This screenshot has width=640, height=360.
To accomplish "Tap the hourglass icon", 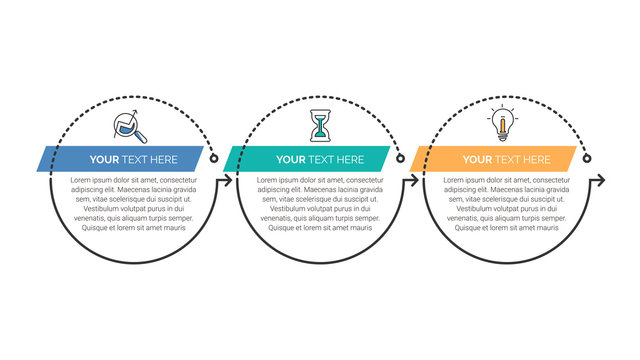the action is click(320, 126).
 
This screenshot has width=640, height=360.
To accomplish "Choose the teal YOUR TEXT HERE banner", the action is click(307, 159).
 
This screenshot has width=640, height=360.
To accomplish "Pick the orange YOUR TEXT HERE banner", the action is click(494, 159).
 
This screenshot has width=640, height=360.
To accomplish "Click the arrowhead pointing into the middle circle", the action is click(230, 181).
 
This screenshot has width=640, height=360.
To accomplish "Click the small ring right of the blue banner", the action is click(214, 158).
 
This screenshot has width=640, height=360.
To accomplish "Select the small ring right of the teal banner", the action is click(400, 158).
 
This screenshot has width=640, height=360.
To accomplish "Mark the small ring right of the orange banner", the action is click(588, 158).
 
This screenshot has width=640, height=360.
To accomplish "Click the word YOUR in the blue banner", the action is click(104, 159).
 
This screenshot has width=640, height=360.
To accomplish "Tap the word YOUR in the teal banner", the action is click(291, 159).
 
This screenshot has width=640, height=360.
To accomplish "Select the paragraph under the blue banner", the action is click(134, 203).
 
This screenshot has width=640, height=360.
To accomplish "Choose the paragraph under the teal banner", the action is click(320, 203).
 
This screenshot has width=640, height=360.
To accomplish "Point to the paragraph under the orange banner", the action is click(507, 203).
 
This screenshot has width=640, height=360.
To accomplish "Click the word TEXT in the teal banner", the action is click(321, 159).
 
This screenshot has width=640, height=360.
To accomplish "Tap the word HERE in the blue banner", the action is click(163, 159).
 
